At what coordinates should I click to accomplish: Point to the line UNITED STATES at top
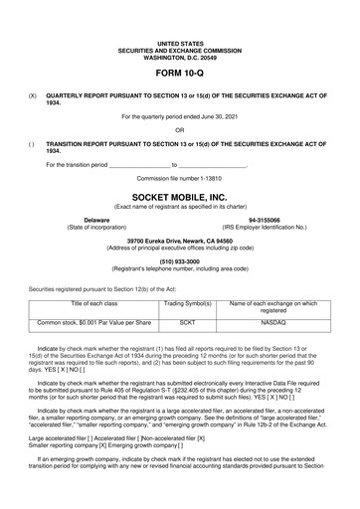pos(180,45)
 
